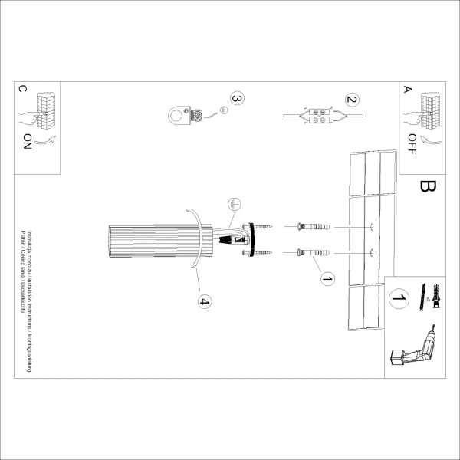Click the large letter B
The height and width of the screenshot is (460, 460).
pos(429,188)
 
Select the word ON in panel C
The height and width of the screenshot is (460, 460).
pos(28,142)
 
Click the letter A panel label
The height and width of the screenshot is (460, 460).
pos(407,89)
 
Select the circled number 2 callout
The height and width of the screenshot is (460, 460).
pos(352,100)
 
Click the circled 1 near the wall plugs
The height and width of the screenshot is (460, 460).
pos(328,280)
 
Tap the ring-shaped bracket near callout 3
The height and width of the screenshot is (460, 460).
pos(179,116)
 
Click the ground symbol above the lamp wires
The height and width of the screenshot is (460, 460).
pos(234,205)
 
